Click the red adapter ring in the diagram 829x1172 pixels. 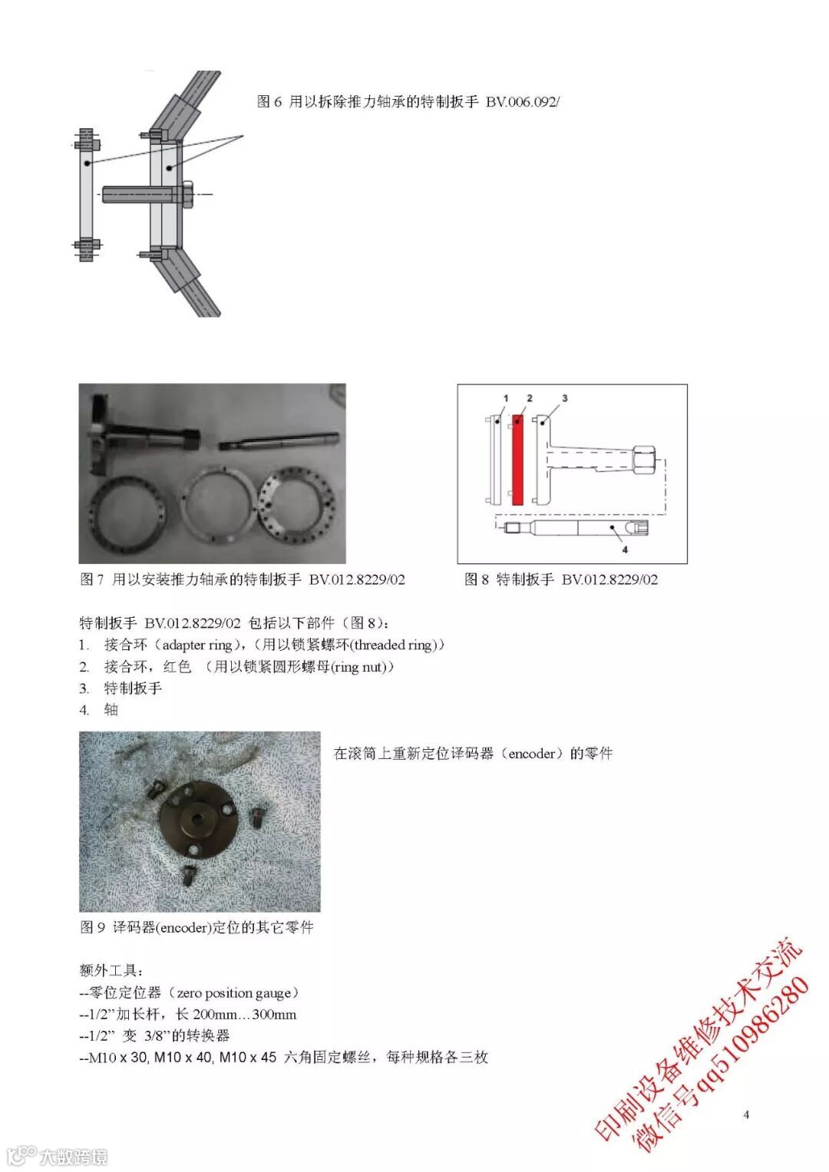[517, 460]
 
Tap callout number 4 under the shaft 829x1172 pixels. [624, 550]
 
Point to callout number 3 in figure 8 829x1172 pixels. [564, 398]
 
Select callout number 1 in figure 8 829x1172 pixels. [506, 398]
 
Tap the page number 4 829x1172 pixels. [746, 1114]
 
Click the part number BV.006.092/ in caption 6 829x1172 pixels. [522, 101]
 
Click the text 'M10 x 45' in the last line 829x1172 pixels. [247, 1057]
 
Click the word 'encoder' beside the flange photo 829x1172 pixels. [531, 754]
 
